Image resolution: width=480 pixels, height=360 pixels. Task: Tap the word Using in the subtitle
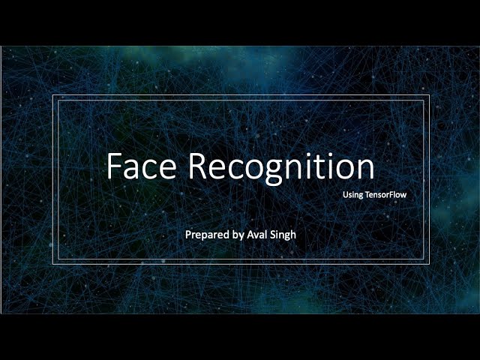[x=352, y=194]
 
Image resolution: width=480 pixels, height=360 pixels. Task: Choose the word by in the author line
[x=239, y=235]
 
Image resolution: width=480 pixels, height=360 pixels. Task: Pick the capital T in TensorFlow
[x=367, y=194]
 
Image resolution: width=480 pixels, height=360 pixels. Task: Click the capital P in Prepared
[x=188, y=235]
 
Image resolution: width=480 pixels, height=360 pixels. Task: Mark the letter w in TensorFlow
[x=412, y=195]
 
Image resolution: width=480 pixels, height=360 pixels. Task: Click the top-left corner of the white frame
[x=52, y=96]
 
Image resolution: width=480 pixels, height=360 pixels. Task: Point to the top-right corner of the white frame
[x=427, y=96]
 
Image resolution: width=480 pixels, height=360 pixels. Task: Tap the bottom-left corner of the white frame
[x=52, y=263]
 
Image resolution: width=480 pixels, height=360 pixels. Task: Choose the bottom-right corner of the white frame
[x=427, y=263]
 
